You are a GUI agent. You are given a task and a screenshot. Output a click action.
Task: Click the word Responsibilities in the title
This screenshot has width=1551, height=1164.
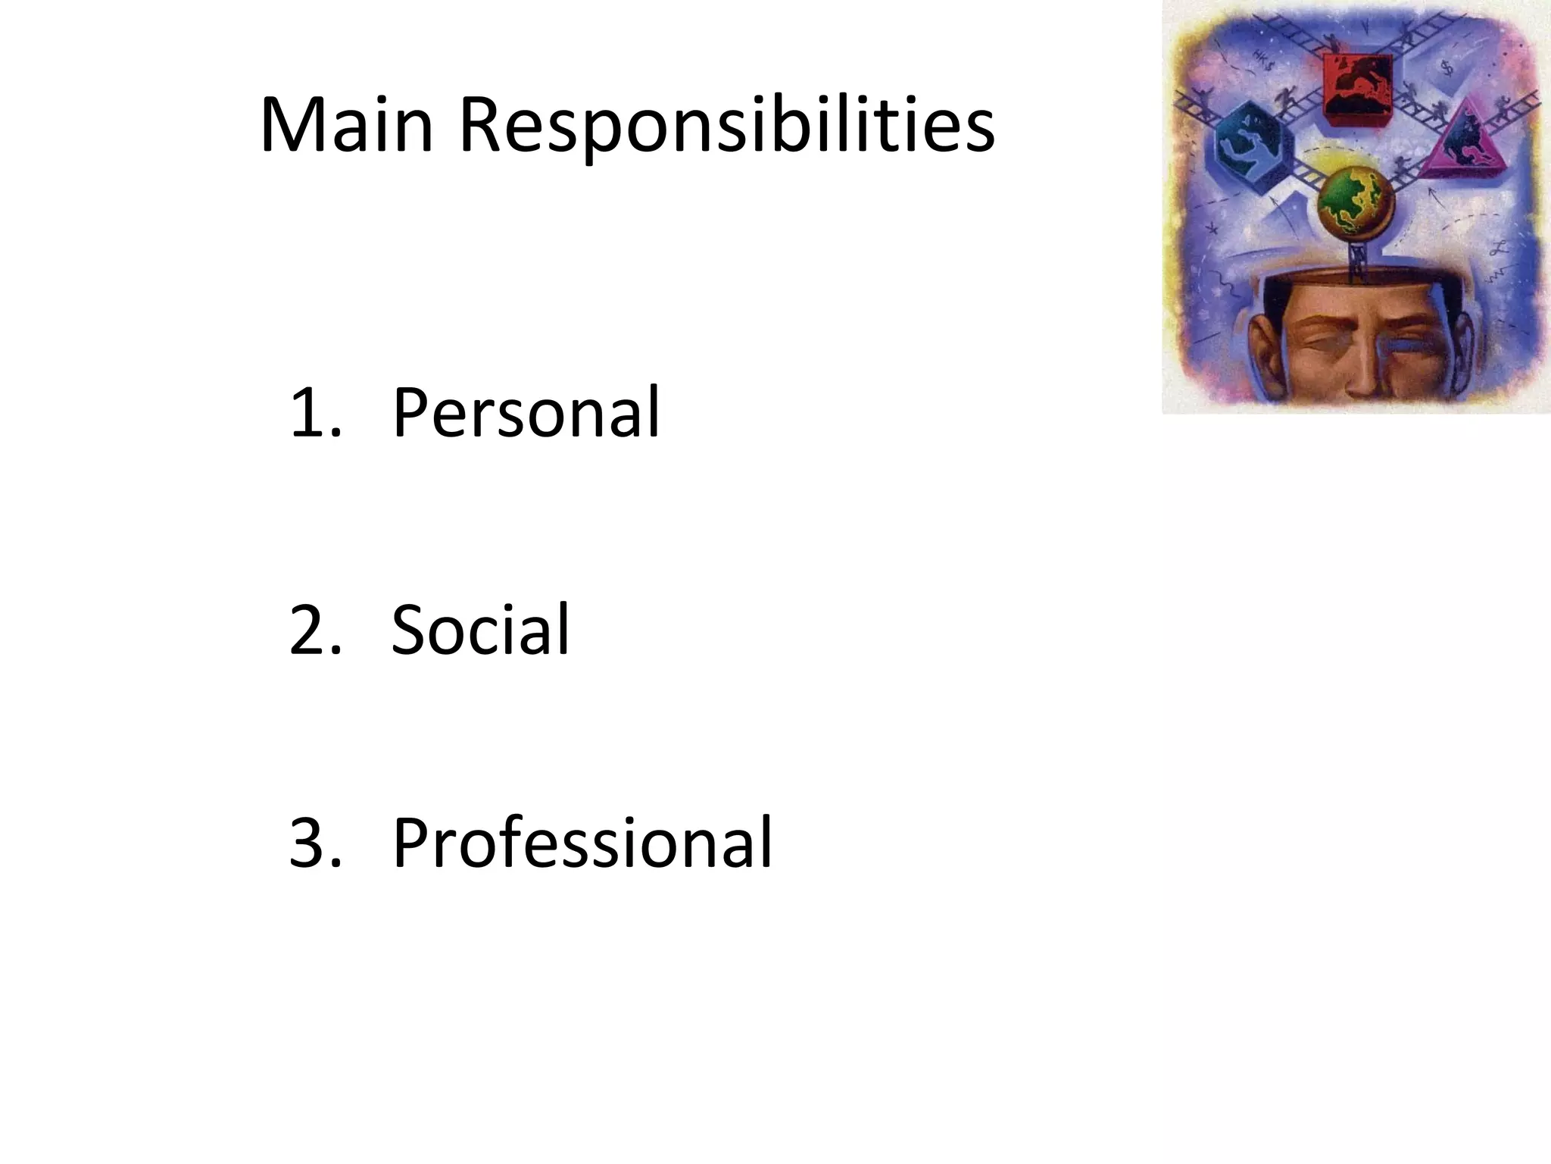tap(726, 127)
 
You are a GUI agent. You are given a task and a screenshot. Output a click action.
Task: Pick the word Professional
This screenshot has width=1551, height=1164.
tap(582, 843)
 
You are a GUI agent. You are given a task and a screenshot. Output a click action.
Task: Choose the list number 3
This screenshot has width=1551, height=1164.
tap(311, 843)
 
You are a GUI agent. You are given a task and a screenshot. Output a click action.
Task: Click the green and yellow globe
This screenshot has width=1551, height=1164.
tap(1355, 202)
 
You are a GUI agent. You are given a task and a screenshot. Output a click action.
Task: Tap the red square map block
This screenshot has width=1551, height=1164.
tap(1357, 87)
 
